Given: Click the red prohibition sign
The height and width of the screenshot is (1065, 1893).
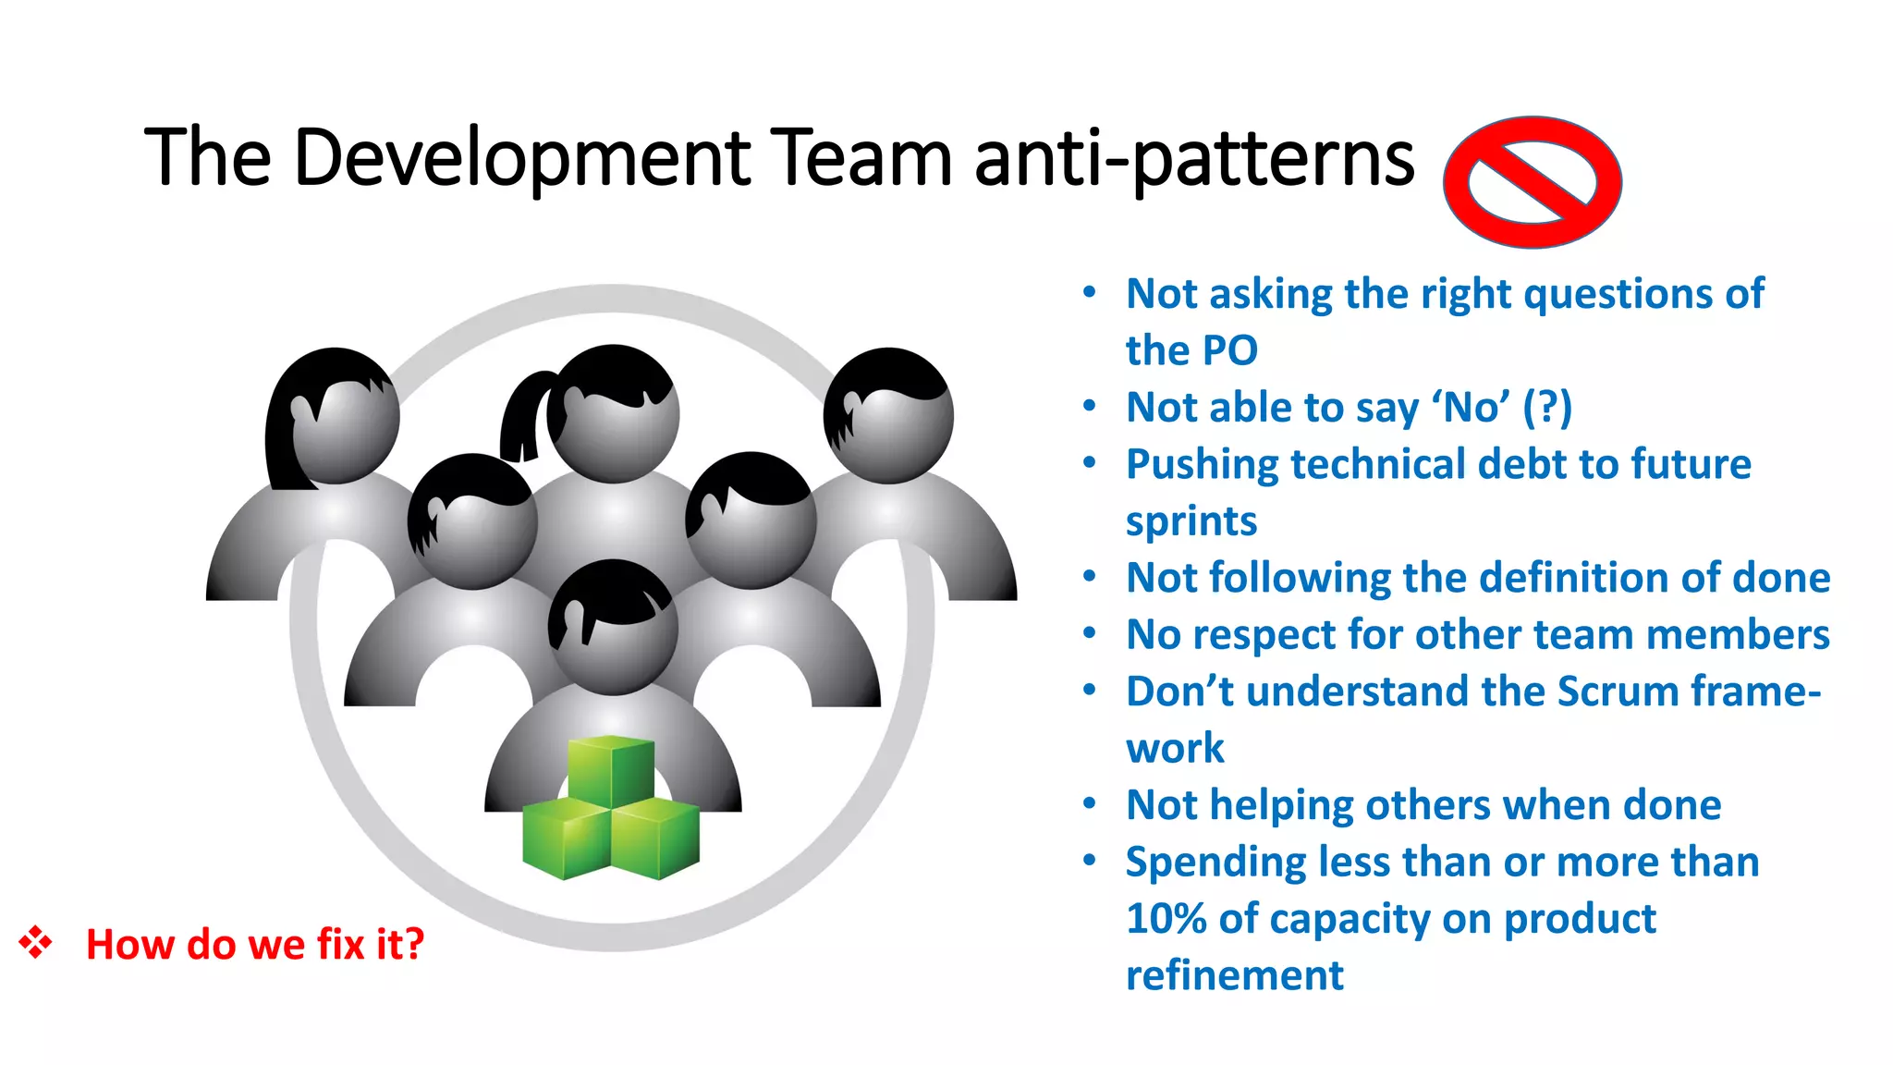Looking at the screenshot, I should pyautogui.click(x=1532, y=182).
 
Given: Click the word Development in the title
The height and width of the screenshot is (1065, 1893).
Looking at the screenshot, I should pyautogui.click(x=522, y=158).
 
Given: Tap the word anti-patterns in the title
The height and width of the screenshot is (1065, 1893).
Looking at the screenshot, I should pyautogui.click(x=1194, y=158).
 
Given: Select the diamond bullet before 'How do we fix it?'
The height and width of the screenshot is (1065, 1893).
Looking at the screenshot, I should pyautogui.click(x=35, y=942).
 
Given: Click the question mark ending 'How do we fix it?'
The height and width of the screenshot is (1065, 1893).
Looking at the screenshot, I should pyautogui.click(x=413, y=944).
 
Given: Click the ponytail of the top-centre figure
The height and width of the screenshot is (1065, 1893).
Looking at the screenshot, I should pyautogui.click(x=522, y=416).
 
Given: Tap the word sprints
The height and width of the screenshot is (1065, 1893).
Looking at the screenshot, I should pyautogui.click(x=1191, y=521).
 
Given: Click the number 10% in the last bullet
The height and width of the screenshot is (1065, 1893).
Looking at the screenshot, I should pyautogui.click(x=1166, y=919).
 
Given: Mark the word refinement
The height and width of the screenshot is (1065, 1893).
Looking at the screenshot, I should pyautogui.click(x=1234, y=975).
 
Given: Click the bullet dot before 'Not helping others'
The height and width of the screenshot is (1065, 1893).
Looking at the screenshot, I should pyautogui.click(x=1090, y=804).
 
